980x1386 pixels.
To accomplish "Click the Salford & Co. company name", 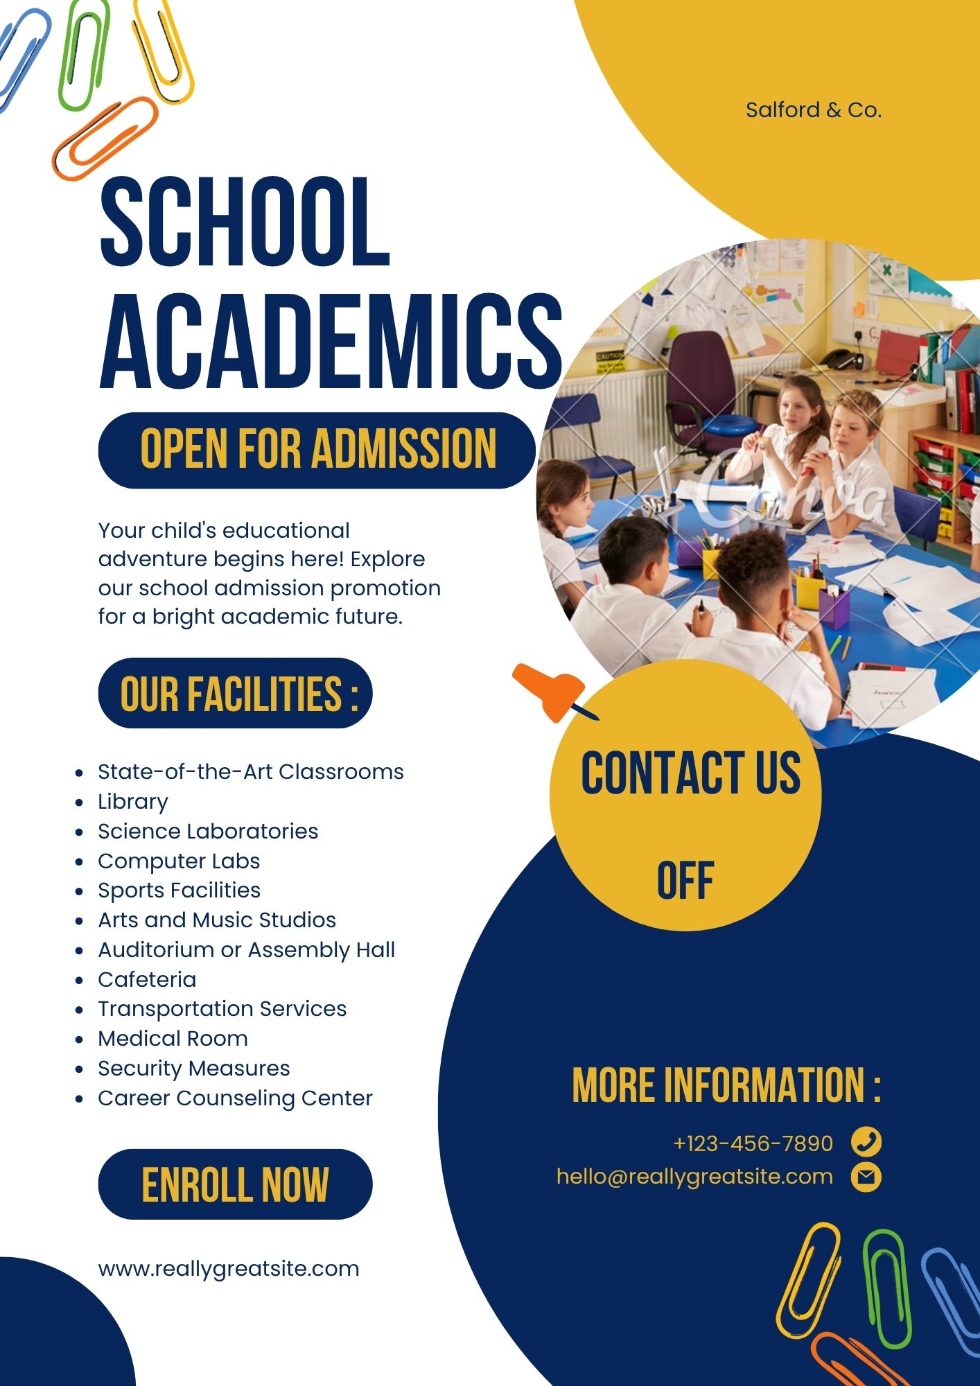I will [813, 110].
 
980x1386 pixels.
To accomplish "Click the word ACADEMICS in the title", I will [331, 342].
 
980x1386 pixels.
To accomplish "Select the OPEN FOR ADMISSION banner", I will [317, 450].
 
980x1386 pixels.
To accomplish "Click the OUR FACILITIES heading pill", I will [236, 693].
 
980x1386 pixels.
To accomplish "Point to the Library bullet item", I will [133, 802].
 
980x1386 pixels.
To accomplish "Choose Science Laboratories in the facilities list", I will [208, 831].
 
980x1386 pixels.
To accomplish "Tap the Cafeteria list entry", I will [147, 979].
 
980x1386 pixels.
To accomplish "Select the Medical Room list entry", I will [173, 1038].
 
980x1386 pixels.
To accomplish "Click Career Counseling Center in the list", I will [235, 1098].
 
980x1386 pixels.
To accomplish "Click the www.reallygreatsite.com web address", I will [229, 1269].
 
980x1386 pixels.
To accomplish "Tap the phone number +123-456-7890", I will [753, 1143].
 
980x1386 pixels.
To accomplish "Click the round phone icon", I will [866, 1141].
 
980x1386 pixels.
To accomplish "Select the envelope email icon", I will [866, 1177].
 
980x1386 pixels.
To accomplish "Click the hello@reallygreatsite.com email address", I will [694, 1177].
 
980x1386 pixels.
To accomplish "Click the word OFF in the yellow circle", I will [685, 881].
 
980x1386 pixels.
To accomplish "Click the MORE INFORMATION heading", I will [726, 1085].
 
